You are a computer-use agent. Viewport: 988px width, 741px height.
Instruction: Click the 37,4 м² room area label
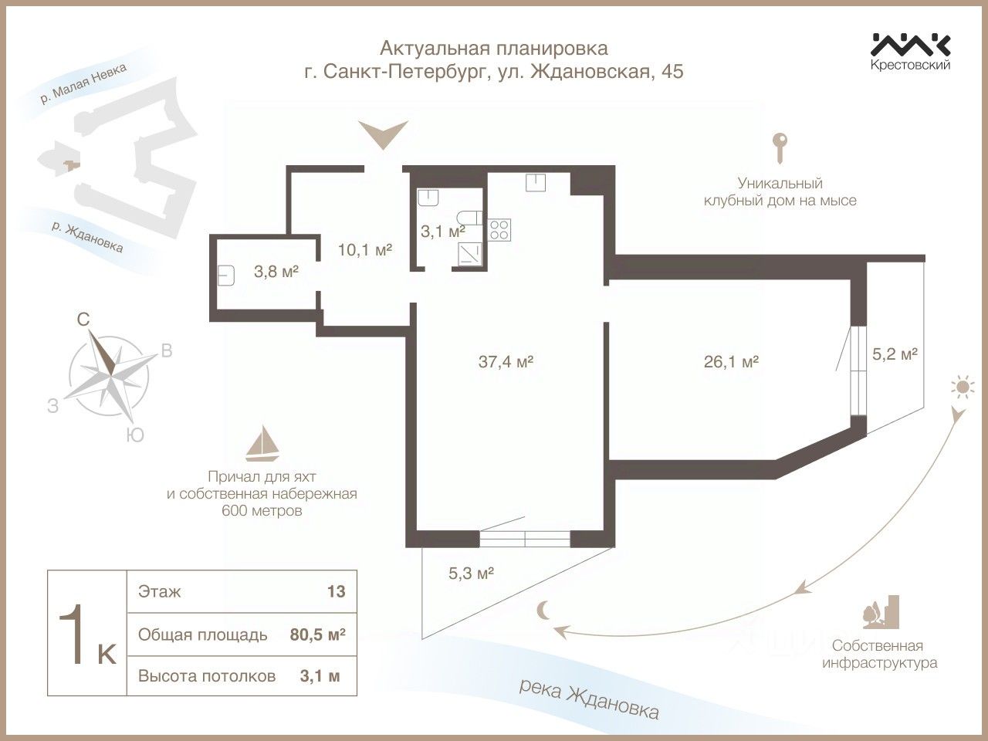click(506, 361)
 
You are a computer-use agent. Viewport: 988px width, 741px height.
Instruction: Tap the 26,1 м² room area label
click(731, 361)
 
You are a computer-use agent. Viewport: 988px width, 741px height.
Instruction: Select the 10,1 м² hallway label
click(365, 249)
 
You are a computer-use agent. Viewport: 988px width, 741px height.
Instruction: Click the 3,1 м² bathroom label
click(442, 230)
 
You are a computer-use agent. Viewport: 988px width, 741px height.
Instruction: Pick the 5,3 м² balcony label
click(471, 574)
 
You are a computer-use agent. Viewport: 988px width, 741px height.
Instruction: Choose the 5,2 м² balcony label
click(894, 354)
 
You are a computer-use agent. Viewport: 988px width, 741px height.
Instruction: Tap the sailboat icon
click(262, 443)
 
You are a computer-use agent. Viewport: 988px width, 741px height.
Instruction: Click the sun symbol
click(961, 387)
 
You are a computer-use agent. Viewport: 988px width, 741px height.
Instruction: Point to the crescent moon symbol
click(545, 611)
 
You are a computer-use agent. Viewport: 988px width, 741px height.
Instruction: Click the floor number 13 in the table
click(336, 592)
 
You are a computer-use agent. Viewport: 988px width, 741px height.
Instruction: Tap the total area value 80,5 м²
click(317, 634)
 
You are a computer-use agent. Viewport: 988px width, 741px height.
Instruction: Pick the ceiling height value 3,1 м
click(320, 676)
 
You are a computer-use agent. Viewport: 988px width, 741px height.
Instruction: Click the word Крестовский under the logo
click(910, 65)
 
